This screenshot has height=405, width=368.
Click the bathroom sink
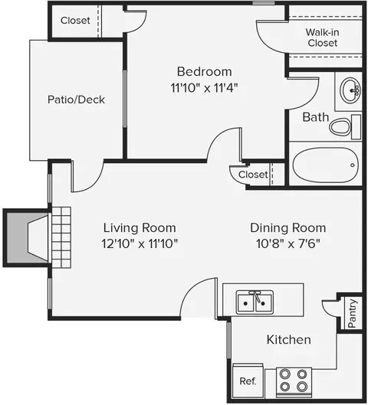tap(350, 90)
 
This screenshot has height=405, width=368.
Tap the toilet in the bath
tap(345, 127)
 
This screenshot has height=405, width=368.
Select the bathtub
tap(325, 165)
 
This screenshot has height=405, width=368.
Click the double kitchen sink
tap(255, 302)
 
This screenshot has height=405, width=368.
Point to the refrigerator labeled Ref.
tap(248, 381)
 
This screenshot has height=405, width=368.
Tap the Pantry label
tap(352, 313)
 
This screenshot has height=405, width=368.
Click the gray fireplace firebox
tap(27, 238)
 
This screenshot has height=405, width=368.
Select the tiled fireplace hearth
tap(61, 237)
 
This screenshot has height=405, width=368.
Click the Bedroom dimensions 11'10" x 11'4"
tap(204, 88)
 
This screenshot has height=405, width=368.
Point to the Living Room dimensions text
tap(140, 243)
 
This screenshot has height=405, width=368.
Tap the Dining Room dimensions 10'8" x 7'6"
tap(288, 243)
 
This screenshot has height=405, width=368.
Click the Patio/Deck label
tap(77, 100)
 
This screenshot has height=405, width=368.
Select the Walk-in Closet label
tap(323, 38)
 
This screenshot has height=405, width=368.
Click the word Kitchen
tap(288, 340)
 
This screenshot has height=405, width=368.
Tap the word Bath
tap(316, 117)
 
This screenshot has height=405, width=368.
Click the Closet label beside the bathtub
tap(253, 175)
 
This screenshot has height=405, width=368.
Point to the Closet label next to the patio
tap(75, 21)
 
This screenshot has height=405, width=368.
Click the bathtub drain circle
tap(352, 165)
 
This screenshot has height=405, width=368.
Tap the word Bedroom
tap(204, 72)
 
